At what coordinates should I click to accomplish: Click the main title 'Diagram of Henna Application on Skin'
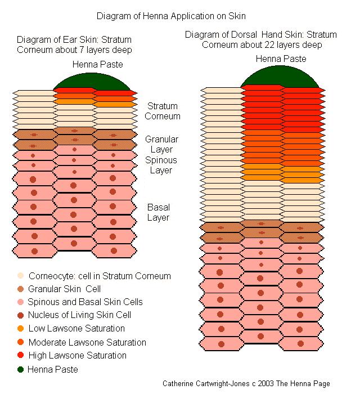tap(179, 16)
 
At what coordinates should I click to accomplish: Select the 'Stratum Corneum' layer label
tap(163, 111)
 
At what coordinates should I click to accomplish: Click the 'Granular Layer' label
tap(161, 144)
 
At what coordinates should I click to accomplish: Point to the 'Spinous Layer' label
tap(161, 165)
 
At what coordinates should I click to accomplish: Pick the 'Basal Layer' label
tap(159, 212)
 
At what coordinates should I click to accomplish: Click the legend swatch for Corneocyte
tap(21, 276)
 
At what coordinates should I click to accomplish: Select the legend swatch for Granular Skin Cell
tap(21, 289)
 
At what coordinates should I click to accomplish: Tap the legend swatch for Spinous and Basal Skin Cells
tap(21, 302)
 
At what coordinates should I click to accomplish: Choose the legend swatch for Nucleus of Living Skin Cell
tap(21, 315)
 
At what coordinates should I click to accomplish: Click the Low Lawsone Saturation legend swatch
tap(21, 329)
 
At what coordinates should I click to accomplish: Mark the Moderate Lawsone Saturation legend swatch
tap(21, 342)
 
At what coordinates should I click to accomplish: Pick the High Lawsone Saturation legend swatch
tap(21, 356)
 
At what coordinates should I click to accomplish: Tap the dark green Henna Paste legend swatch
tap(21, 369)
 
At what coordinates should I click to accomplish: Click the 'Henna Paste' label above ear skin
tap(97, 65)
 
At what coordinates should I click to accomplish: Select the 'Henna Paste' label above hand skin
tap(281, 59)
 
